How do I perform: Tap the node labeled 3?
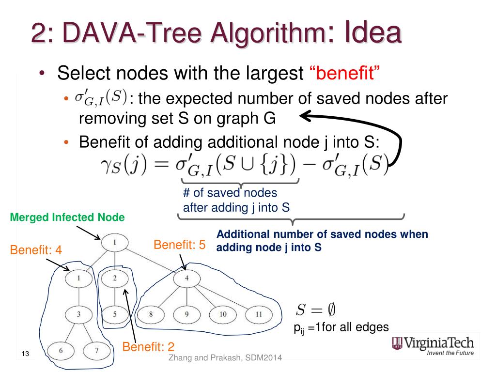pyautogui.click(x=78, y=314)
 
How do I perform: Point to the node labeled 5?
pyautogui.click(x=115, y=314)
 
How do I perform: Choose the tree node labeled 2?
pyautogui.click(x=115, y=278)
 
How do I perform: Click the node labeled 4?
pyautogui.click(x=186, y=278)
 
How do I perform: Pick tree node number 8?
pyautogui.click(x=151, y=314)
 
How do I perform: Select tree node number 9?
pyautogui.click(x=186, y=314)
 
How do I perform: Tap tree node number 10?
pyautogui.click(x=222, y=314)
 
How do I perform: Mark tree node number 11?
pyautogui.click(x=259, y=314)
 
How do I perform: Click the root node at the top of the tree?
pyautogui.click(x=115, y=242)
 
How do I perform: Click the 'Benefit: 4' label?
pyautogui.click(x=36, y=250)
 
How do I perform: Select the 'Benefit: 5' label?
pyautogui.click(x=179, y=245)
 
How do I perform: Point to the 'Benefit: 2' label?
pyautogui.click(x=148, y=347)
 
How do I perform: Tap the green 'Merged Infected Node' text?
pyautogui.click(x=67, y=218)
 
